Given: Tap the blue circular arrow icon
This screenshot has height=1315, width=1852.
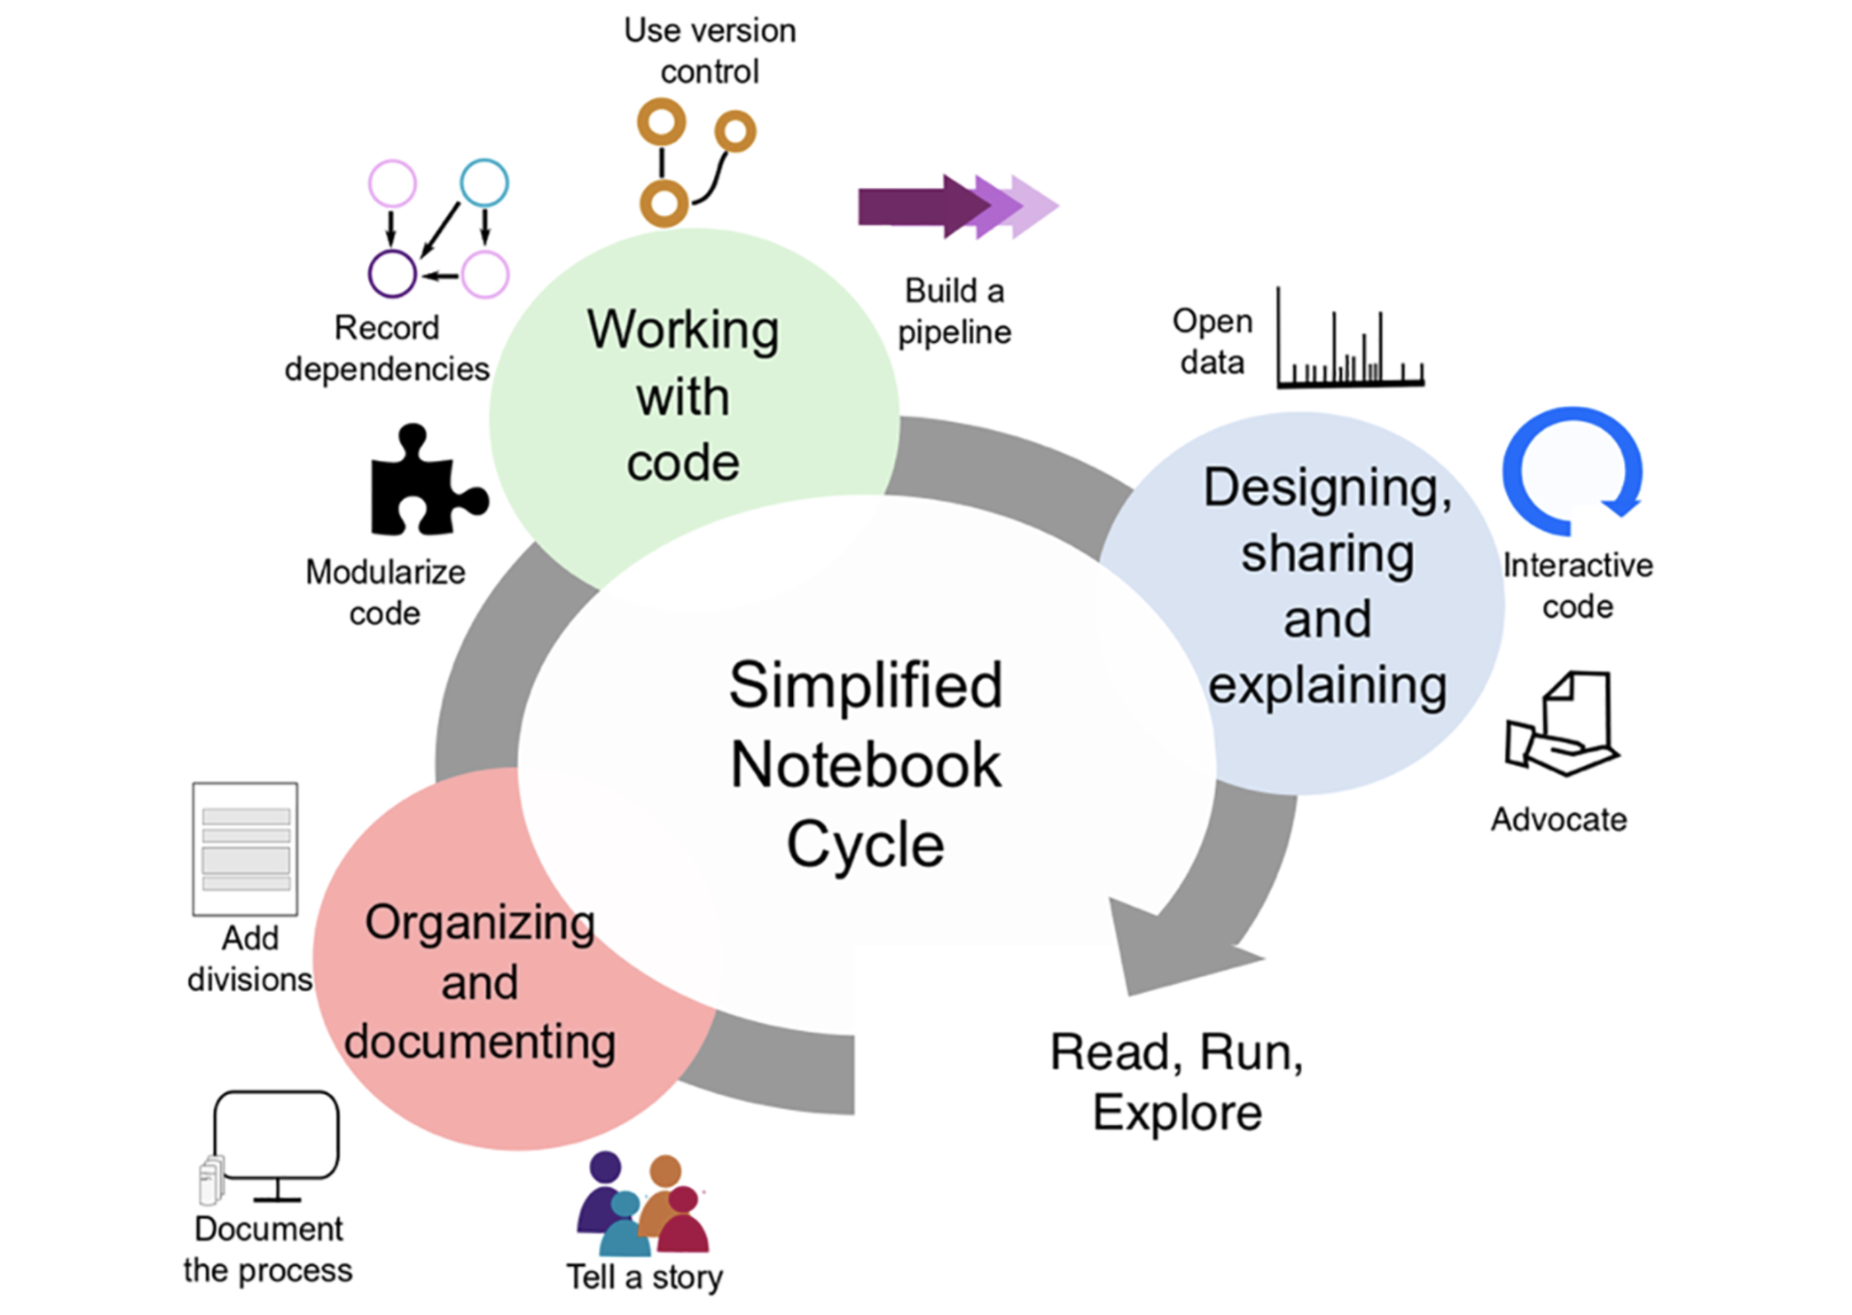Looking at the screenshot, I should (x=1570, y=470).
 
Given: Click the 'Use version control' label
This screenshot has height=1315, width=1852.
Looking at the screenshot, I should (x=709, y=51).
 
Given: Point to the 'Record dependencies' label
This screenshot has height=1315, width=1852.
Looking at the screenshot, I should (x=387, y=348).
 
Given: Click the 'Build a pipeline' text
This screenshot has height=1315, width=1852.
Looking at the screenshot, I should (x=954, y=311).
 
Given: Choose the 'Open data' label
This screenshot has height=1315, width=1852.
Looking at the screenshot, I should (x=1212, y=341).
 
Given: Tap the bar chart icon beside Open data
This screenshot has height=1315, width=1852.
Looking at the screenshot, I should (x=1350, y=341).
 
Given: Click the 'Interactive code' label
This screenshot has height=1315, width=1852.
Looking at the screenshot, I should (x=1577, y=585).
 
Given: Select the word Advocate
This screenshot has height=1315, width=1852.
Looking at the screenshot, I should (x=1559, y=819).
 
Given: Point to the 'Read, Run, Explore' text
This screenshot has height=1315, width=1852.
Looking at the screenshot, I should (x=1177, y=1081).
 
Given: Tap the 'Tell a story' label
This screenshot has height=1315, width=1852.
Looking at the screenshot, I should (x=645, y=1276).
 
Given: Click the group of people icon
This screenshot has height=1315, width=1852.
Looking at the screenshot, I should (x=643, y=1204).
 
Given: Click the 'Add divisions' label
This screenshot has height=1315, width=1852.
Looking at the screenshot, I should (x=250, y=958).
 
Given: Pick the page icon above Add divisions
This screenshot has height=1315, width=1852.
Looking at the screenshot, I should (x=246, y=848).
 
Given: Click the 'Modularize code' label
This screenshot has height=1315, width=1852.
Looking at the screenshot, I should (x=385, y=592).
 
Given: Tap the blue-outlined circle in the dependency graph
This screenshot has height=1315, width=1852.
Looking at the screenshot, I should (x=484, y=183).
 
